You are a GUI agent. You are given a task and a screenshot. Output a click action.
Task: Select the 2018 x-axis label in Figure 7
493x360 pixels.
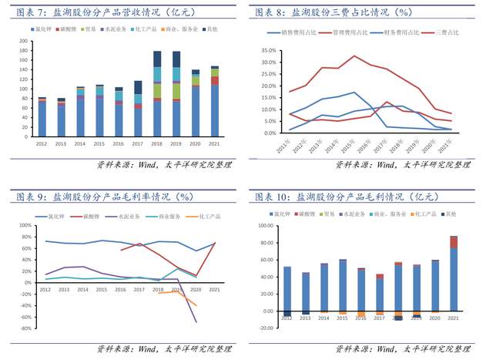pos(157,143)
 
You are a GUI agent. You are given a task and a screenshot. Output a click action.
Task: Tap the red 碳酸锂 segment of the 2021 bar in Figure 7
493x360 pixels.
pos(215,80)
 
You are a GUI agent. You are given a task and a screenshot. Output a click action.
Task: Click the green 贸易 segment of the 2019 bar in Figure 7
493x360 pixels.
pos(176,91)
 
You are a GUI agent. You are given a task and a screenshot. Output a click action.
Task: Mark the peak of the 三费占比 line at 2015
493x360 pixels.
pos(354,56)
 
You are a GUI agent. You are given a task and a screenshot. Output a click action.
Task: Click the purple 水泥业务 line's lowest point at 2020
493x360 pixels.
pos(196,321)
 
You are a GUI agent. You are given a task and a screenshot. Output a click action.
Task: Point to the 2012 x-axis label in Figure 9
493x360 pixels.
pos(46,290)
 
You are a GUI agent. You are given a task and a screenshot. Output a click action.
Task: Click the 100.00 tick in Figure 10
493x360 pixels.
pos(267,226)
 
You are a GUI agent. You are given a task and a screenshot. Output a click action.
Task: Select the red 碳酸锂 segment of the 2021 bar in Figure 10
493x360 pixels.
pos(454,242)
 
